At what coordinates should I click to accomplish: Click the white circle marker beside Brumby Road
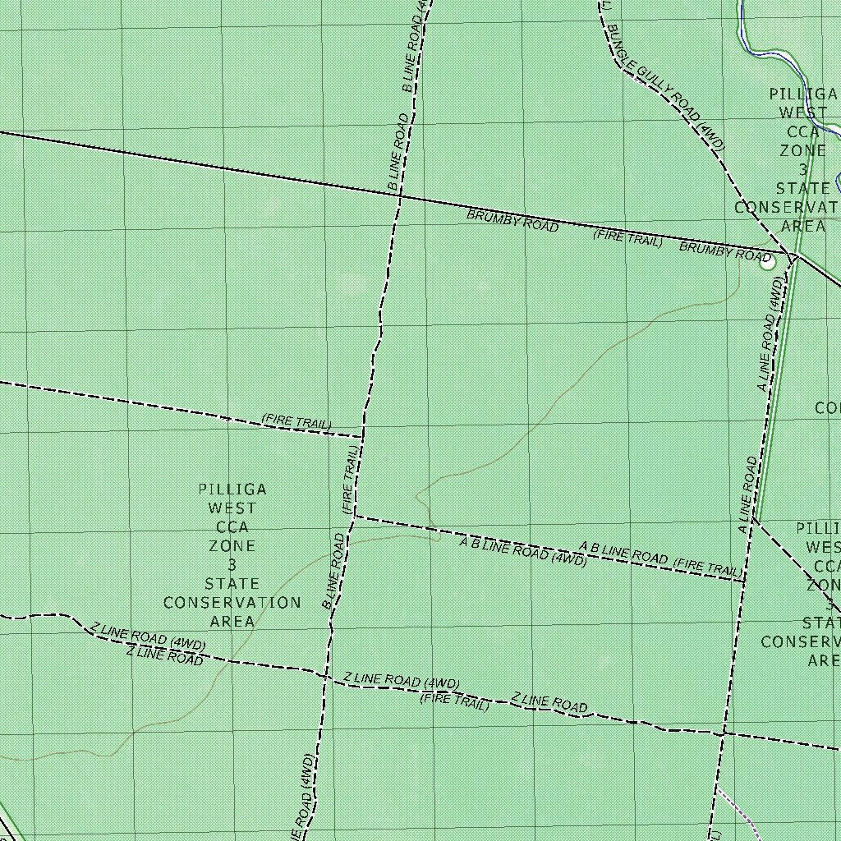[766, 262]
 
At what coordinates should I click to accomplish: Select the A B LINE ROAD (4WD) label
[522, 551]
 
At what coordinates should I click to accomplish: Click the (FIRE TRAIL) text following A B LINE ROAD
[705, 566]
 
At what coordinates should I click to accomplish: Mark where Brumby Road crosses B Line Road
[397, 195]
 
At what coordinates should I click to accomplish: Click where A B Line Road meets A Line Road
[744, 581]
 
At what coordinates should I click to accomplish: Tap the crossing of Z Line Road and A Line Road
[723, 733]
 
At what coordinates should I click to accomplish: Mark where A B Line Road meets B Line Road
[354, 517]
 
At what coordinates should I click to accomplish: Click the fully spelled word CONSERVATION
[232, 603]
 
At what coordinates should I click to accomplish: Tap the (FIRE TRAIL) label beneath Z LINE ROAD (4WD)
[454, 701]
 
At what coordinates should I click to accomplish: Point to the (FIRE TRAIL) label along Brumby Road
[627, 239]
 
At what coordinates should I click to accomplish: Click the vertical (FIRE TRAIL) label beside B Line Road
[350, 480]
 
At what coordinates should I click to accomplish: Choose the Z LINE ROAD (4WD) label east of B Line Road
[402, 682]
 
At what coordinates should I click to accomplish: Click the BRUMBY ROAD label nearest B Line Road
[512, 220]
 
